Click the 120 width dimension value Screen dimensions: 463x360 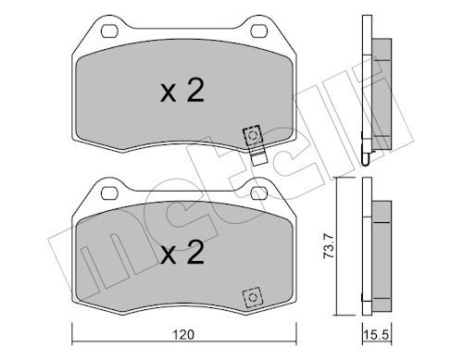(183, 334)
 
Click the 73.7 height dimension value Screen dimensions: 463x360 (328, 246)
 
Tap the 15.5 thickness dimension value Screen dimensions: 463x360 (376, 334)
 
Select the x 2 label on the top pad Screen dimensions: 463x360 (182, 91)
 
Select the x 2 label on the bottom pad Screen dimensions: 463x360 (182, 253)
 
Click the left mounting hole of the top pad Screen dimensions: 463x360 (110, 31)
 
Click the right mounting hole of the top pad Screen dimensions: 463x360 (259, 31)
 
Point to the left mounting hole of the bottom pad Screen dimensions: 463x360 (110, 193)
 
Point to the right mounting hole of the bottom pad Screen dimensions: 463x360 (259, 193)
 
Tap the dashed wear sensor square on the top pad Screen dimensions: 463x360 (253, 136)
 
